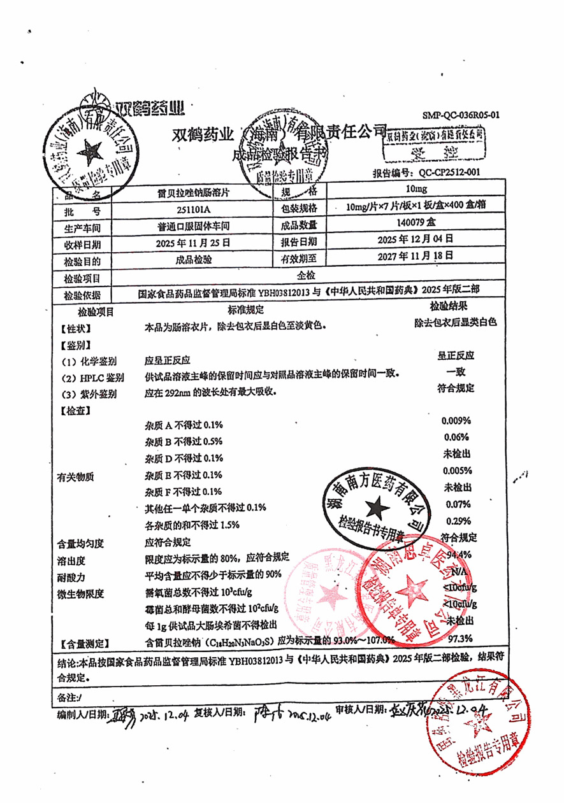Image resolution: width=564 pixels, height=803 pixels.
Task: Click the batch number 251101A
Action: (192, 210)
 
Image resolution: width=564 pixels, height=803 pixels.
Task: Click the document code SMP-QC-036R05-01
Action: (461, 115)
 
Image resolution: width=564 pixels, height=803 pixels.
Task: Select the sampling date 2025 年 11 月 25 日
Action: (192, 243)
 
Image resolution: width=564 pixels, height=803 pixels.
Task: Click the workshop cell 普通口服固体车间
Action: (193, 226)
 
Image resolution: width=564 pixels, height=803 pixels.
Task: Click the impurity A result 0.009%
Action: (456, 421)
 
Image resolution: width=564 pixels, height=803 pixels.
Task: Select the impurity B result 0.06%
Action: (456, 437)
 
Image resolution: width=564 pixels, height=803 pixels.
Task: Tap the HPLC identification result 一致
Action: (455, 371)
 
